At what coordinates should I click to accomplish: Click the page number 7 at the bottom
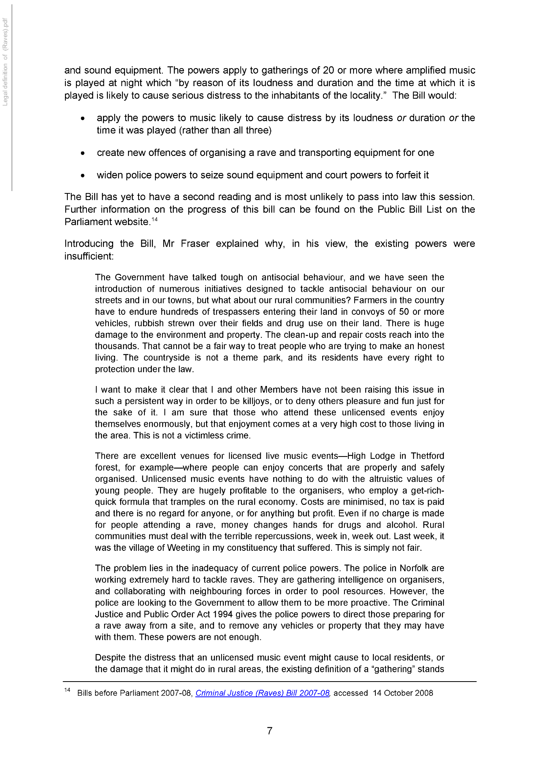269,731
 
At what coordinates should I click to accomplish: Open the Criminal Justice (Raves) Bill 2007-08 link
262,693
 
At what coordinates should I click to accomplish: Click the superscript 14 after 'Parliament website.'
155,219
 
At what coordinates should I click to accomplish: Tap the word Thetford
427,456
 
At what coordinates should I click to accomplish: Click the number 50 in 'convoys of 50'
404,312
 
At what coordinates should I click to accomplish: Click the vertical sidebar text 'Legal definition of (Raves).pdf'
5,62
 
